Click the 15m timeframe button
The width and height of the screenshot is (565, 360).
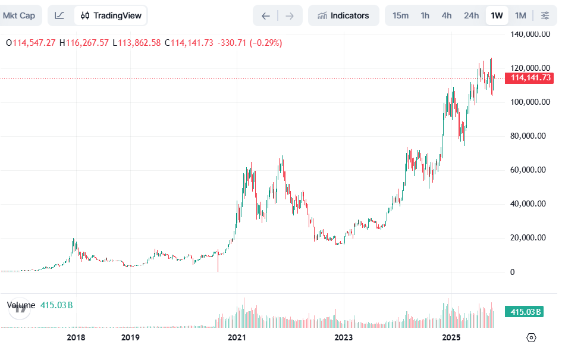(x=400, y=15)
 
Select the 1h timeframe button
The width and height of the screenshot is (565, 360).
(x=425, y=15)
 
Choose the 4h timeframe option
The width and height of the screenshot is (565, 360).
(x=447, y=15)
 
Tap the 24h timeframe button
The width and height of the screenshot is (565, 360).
(x=471, y=15)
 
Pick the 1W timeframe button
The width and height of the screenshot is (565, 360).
(x=497, y=15)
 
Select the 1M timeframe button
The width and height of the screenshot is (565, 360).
(x=520, y=15)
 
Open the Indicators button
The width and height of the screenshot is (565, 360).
(x=343, y=15)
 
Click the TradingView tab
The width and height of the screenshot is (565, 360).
(x=111, y=15)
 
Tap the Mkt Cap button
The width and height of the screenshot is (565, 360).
(x=19, y=15)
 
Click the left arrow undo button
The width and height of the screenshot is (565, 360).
(x=266, y=15)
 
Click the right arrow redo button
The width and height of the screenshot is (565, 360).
(x=290, y=15)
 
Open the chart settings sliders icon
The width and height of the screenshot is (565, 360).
(x=545, y=15)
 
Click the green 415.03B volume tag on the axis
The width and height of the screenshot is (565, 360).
(x=524, y=312)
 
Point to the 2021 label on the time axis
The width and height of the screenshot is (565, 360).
(x=237, y=338)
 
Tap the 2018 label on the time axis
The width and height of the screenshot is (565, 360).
(x=76, y=338)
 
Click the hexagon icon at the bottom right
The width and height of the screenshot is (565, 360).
(x=531, y=337)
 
